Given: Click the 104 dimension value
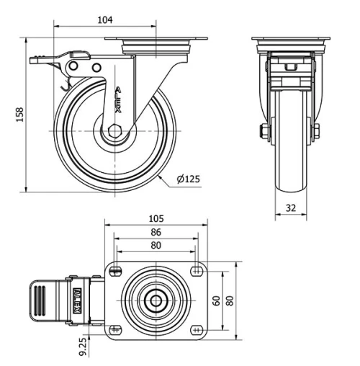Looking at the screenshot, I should tap(105, 20).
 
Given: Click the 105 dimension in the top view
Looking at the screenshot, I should tap(156, 218).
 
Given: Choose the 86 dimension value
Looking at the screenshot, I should tap(156, 233).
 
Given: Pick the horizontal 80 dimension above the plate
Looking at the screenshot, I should tap(156, 245).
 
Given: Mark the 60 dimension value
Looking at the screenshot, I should tap(216, 300).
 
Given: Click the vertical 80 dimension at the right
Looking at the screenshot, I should tap(231, 300).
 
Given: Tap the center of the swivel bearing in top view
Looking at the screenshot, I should tap(156, 300).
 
